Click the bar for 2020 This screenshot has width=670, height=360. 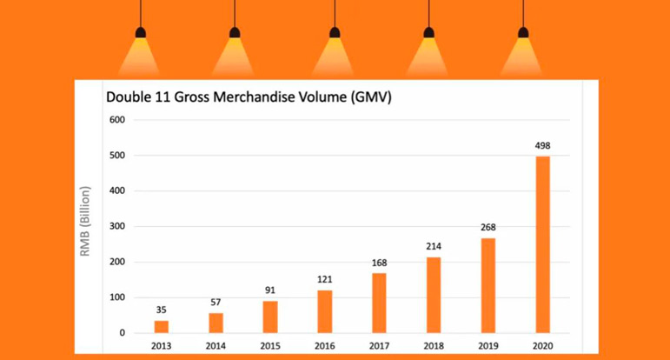(542, 244)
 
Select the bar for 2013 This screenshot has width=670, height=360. (162, 326)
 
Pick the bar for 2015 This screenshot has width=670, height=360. (270, 317)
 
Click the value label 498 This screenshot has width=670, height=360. (542, 145)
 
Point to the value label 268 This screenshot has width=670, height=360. (488, 227)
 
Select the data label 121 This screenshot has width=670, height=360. (325, 279)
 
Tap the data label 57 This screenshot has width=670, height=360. (216, 302)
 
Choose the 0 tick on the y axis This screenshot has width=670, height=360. (123, 333)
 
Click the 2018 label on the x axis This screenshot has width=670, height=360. (434, 346)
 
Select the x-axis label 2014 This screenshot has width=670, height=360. (216, 346)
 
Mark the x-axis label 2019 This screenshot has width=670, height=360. (488, 346)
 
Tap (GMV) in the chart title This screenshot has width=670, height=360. (372, 97)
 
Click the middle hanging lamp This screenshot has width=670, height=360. (335, 35)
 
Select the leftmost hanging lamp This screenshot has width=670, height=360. (141, 35)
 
